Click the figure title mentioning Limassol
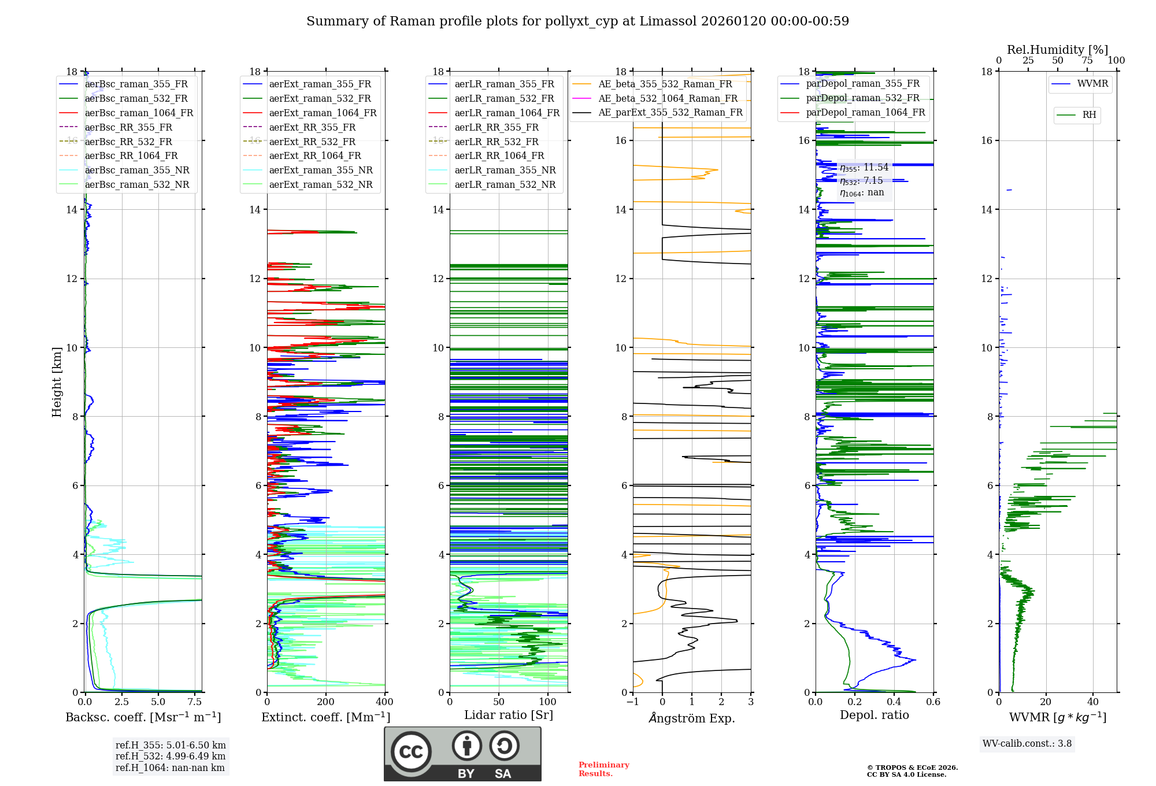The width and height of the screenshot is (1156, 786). (x=577, y=21)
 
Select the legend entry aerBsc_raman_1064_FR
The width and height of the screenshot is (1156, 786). (x=139, y=113)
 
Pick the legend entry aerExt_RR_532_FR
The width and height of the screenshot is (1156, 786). (x=312, y=142)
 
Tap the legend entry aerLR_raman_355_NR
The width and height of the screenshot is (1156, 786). (x=505, y=170)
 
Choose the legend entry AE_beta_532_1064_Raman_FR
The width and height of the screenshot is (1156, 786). (x=668, y=98)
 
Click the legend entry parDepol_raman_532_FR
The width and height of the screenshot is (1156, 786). (x=862, y=98)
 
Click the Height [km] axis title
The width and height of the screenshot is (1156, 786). (x=57, y=382)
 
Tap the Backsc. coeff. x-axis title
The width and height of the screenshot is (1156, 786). (x=143, y=717)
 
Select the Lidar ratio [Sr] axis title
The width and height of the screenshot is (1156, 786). (x=509, y=715)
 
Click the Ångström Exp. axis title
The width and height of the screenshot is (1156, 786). (x=692, y=718)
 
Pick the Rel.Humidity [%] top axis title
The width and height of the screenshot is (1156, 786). (x=1057, y=50)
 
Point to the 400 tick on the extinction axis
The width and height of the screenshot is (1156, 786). (x=384, y=702)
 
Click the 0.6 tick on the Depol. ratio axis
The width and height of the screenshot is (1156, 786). (x=933, y=702)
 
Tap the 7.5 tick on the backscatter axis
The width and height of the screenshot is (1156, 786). (x=195, y=702)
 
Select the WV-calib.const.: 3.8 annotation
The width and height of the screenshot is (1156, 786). (x=1027, y=744)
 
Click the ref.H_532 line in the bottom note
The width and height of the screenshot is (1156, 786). (x=171, y=756)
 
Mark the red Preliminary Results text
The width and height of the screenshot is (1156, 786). (x=603, y=769)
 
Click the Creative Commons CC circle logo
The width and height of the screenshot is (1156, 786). (x=411, y=752)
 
